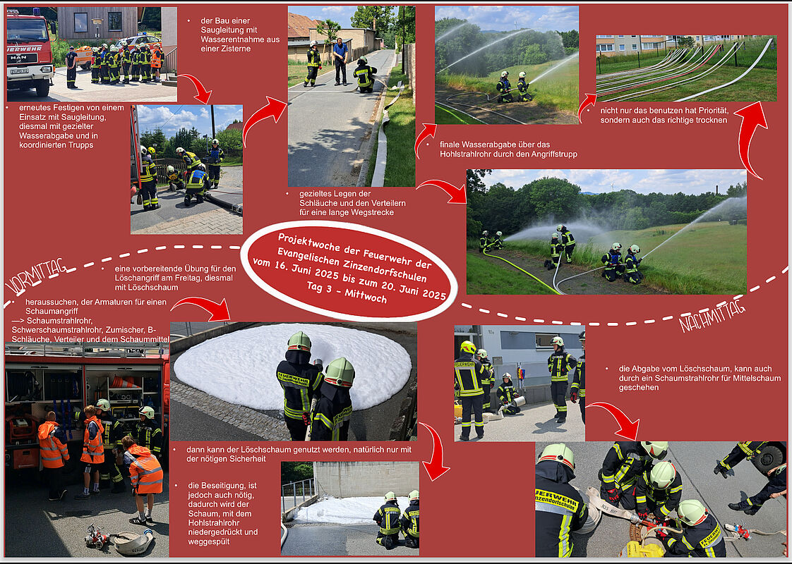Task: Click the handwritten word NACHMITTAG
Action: pyautogui.click(x=712, y=316)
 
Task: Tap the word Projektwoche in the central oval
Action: pyautogui.click(x=308, y=244)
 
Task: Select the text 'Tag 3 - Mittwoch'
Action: pyautogui.click(x=347, y=293)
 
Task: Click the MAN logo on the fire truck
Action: pyautogui.click(x=18, y=58)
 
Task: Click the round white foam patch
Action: pyautogui.click(x=292, y=366)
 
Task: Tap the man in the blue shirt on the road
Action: pyautogui.click(x=340, y=61)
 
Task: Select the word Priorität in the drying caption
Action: pyautogui.click(x=713, y=111)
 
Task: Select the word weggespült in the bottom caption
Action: pyautogui.click(x=209, y=542)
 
